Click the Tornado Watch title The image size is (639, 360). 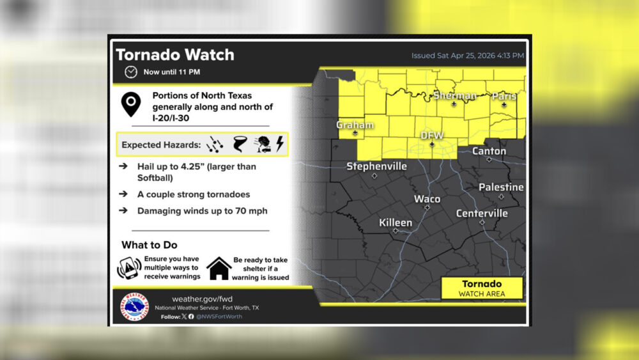pyautogui.click(x=174, y=55)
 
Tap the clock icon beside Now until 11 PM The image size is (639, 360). pyautogui.click(x=131, y=72)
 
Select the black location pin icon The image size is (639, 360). pyautogui.click(x=131, y=104)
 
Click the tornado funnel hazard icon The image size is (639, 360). pyautogui.click(x=240, y=145)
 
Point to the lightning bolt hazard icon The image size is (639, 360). pyautogui.click(x=280, y=145)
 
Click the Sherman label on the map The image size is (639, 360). pyautogui.click(x=454, y=96)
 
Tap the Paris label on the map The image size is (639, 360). pyautogui.click(x=504, y=97)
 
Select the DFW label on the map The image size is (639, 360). pyautogui.click(x=432, y=136)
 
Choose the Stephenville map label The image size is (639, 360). pyautogui.click(x=376, y=166)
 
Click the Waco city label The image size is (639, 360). pyautogui.click(x=427, y=199)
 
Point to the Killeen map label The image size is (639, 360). pyautogui.click(x=396, y=223)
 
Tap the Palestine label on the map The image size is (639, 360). pyautogui.click(x=501, y=187)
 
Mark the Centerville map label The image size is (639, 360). pyautogui.click(x=482, y=214)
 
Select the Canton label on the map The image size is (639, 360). pyautogui.click(x=489, y=152)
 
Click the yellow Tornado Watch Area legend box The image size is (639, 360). pyautogui.click(x=482, y=288)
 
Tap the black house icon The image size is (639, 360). pyautogui.click(x=219, y=269)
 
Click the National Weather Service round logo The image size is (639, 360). pyautogui.click(x=136, y=308)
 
